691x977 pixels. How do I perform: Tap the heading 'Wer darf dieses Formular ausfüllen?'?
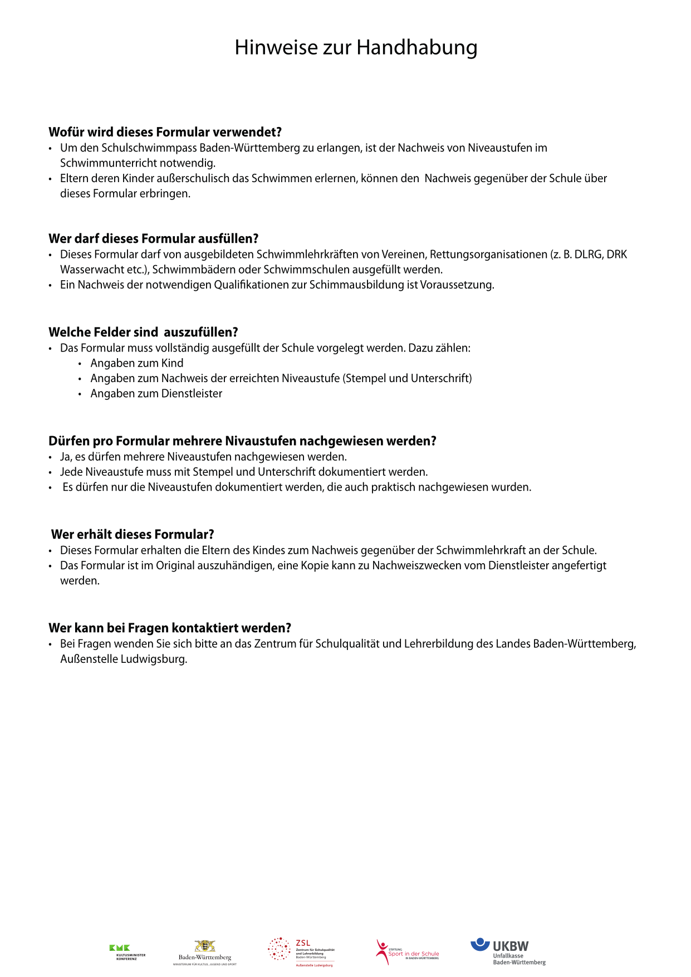click(154, 239)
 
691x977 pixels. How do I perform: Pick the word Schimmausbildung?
click(356, 285)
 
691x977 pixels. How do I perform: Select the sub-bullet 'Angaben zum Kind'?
click(137, 363)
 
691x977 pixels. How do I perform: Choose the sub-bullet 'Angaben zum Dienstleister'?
click(156, 394)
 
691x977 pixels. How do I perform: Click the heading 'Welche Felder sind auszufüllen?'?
click(143, 333)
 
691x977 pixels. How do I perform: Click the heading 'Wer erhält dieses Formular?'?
click(133, 535)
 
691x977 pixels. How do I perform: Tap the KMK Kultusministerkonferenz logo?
click(127, 952)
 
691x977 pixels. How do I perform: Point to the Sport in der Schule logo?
click(407, 951)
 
